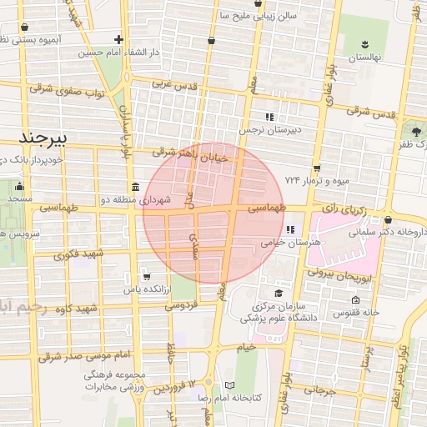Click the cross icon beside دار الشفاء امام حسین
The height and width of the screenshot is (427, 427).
pos(120,39)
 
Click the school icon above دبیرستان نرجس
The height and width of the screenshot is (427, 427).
pos(269,117)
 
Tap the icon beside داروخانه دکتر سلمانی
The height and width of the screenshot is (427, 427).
pos(389,220)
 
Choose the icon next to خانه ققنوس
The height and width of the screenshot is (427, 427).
pos(356,300)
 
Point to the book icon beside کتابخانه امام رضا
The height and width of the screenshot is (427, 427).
pos(231,386)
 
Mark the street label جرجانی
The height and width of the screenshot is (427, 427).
pos(319,389)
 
